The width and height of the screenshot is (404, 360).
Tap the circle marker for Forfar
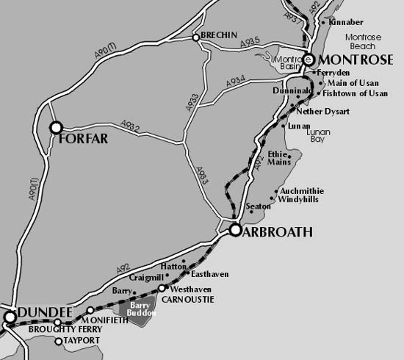point(56,128)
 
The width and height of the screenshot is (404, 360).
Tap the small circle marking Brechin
point(195,37)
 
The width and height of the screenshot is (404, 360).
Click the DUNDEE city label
point(40,314)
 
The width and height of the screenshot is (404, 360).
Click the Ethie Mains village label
point(278,158)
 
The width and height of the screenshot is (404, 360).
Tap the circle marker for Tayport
point(59,341)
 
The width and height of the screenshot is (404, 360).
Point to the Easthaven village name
point(209,274)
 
